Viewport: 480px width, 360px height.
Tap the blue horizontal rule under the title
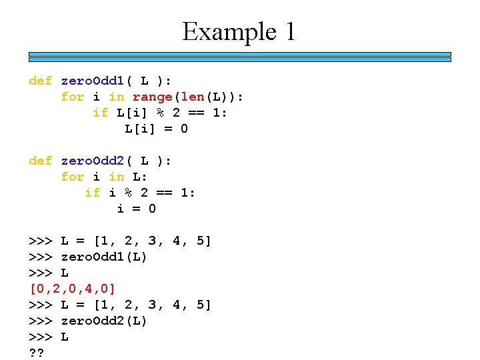pos(239,56)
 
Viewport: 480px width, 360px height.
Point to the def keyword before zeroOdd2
pos(41,161)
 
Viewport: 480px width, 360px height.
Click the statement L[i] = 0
pos(156,129)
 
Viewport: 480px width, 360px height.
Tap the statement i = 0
pos(136,209)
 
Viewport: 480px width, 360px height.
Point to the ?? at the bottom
pos(37,353)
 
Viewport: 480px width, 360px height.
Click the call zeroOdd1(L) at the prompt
pos(103,257)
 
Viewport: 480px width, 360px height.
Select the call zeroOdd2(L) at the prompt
pos(103,321)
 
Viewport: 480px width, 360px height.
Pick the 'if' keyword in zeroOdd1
pos(101,113)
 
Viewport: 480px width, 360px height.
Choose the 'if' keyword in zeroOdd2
pos(93,193)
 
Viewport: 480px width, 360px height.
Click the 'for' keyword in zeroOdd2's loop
pos(73,177)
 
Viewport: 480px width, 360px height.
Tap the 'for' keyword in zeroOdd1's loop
pos(73,97)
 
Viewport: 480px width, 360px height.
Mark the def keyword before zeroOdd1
pos(41,81)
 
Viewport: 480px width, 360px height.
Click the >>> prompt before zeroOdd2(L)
pos(41,321)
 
